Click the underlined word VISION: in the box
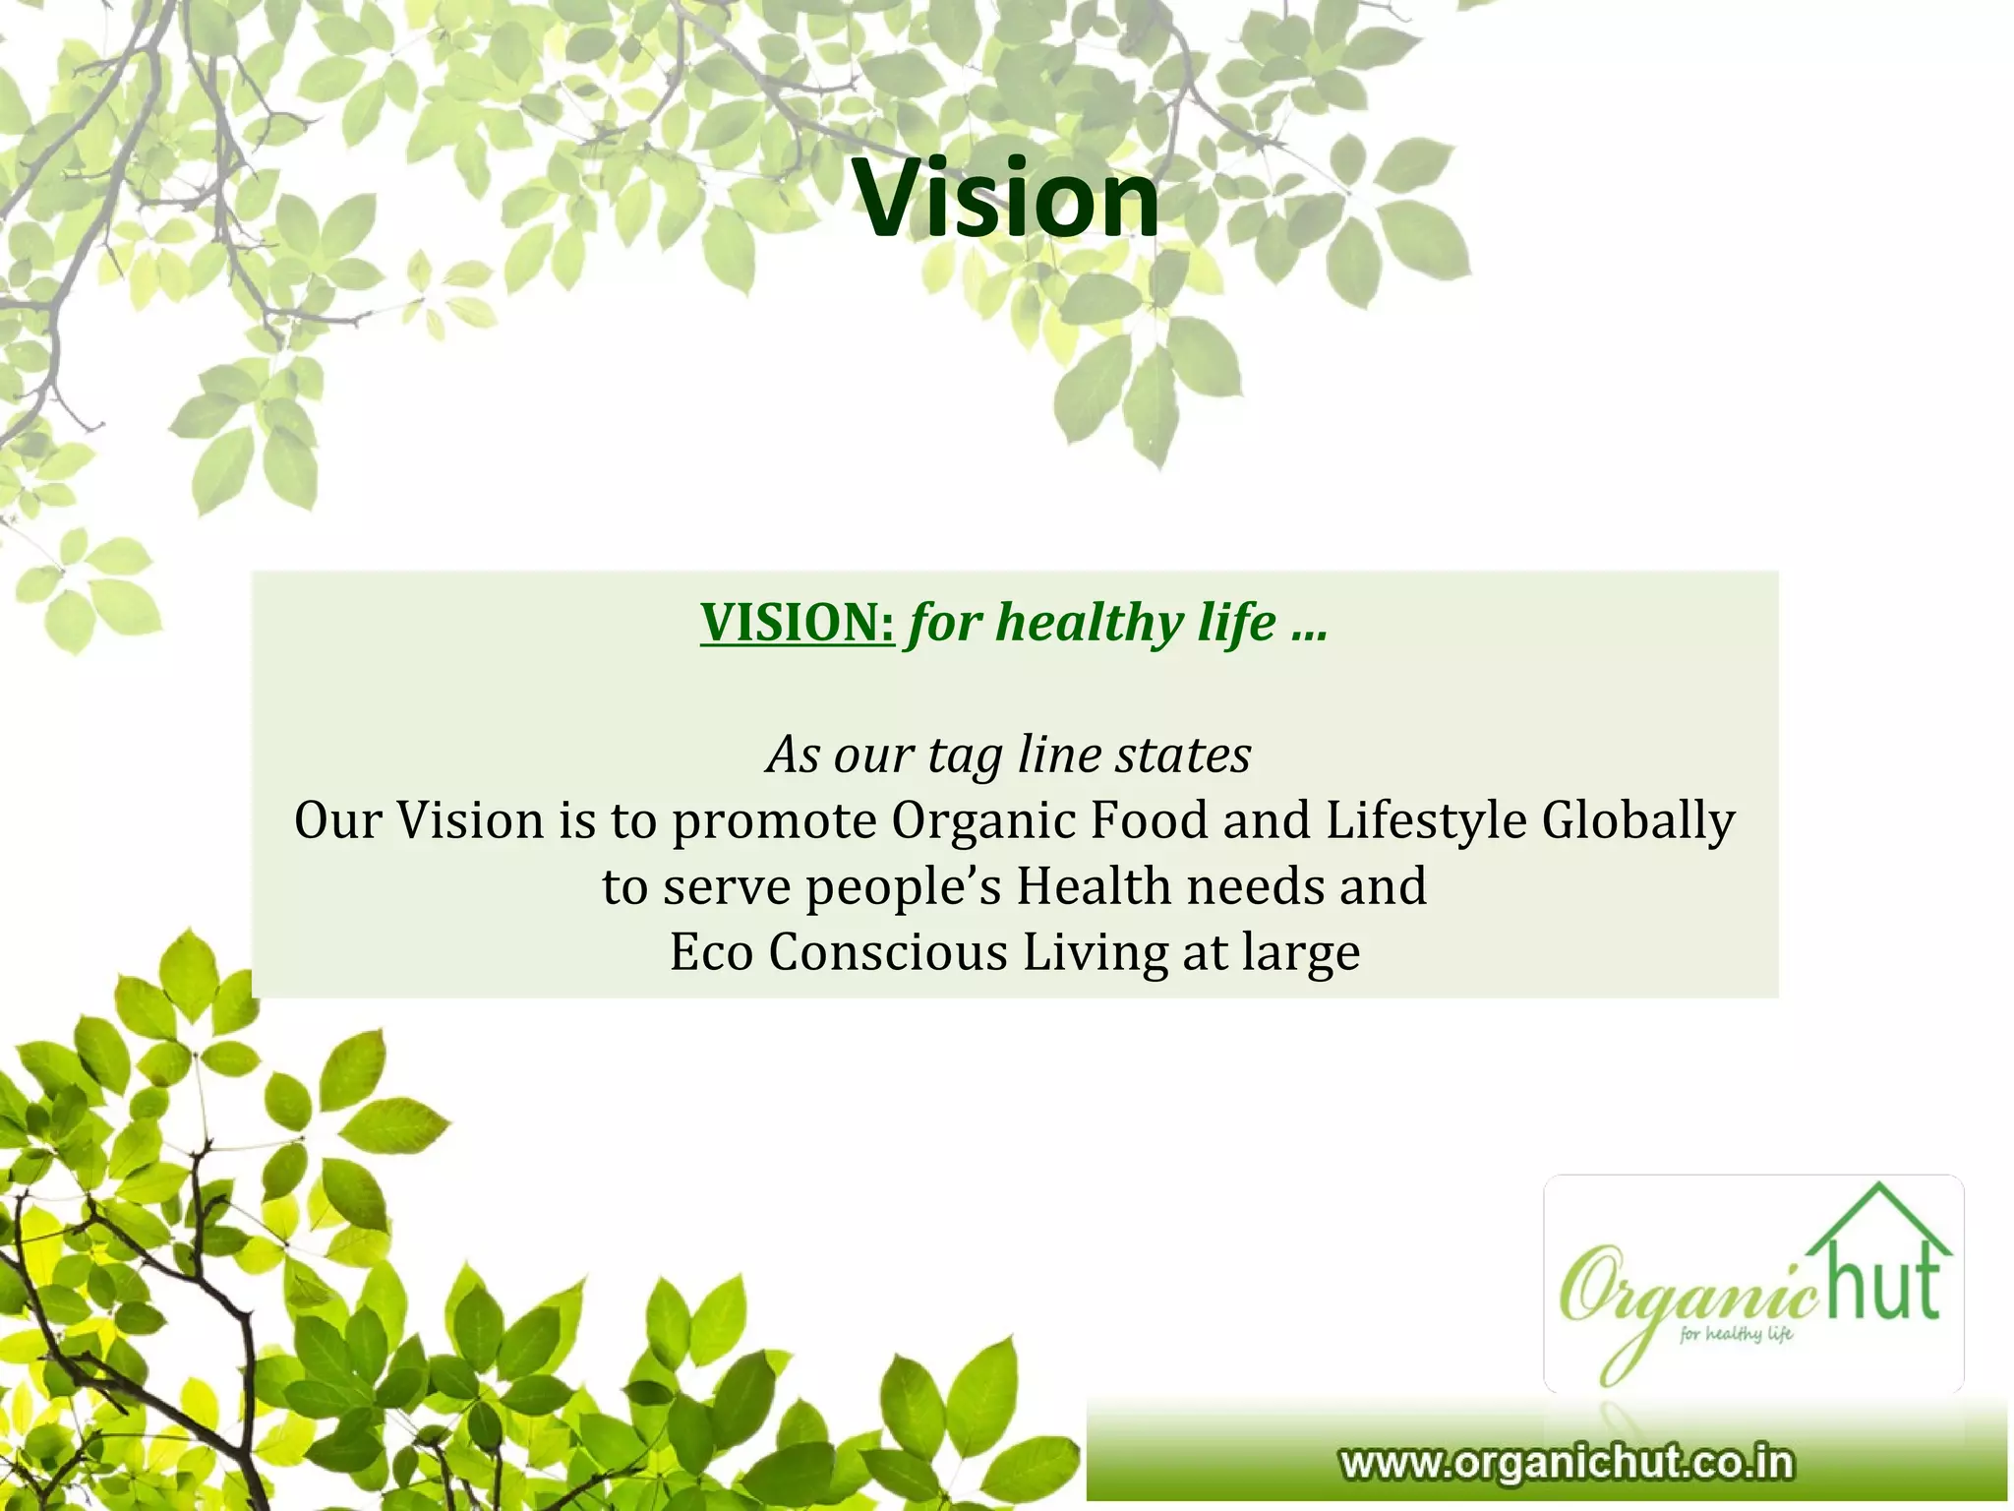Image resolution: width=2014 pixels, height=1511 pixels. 797,623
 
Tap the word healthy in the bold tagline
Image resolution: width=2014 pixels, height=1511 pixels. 1087,623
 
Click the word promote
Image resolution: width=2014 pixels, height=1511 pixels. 774,821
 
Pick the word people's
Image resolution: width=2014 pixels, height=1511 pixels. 904,887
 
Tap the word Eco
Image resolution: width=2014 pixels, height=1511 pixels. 711,952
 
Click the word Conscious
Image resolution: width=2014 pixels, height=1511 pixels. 888,952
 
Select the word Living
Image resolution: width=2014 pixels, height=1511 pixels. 1095,952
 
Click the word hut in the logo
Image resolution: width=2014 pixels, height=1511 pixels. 1881,1281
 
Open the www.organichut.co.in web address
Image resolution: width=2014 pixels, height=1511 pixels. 1567,1463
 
